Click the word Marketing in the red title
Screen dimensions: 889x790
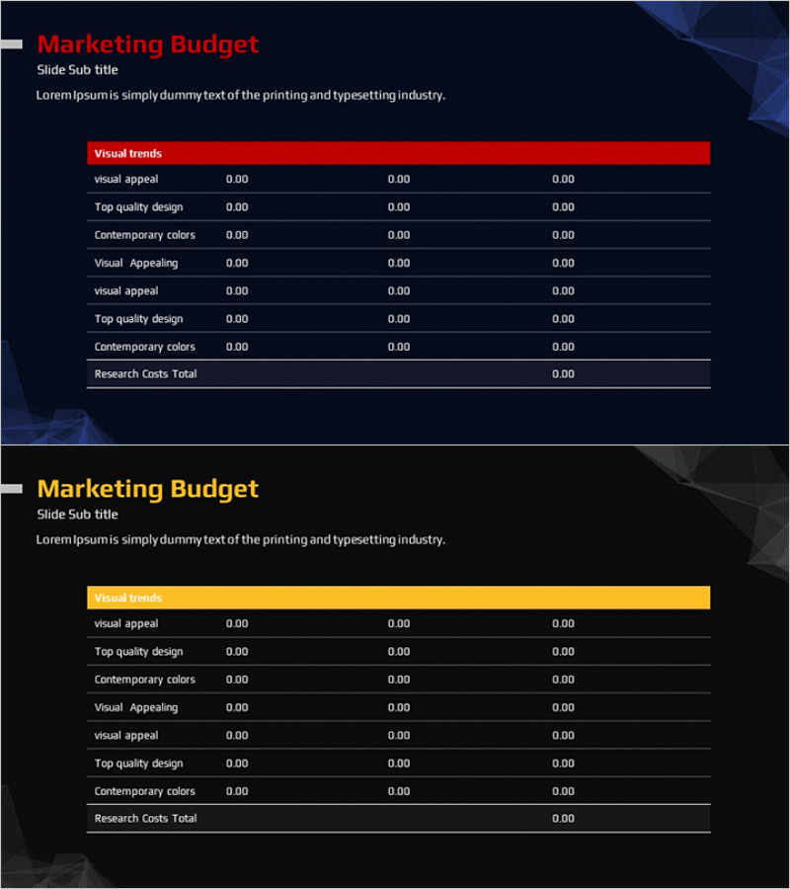tap(100, 44)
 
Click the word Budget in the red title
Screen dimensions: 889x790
tap(214, 44)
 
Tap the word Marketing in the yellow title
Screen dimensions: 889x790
tap(100, 489)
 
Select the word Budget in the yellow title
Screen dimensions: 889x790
tap(214, 489)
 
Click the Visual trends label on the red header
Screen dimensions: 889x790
tap(128, 154)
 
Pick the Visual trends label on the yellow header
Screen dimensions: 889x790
tap(128, 599)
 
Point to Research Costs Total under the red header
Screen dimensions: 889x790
tap(145, 374)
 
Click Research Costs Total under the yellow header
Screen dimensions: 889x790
tap(145, 819)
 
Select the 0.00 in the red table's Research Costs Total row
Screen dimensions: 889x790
tap(563, 374)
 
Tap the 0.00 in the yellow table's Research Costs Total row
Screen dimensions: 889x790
tap(563, 819)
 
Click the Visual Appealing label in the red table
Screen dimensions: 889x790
tap(136, 264)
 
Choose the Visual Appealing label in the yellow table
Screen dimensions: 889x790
tap(136, 708)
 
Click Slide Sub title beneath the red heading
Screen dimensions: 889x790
tap(77, 70)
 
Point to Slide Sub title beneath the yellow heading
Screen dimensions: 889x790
tap(77, 515)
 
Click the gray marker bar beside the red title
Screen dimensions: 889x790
tap(11, 44)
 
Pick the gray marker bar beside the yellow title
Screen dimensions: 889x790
tap(11, 489)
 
